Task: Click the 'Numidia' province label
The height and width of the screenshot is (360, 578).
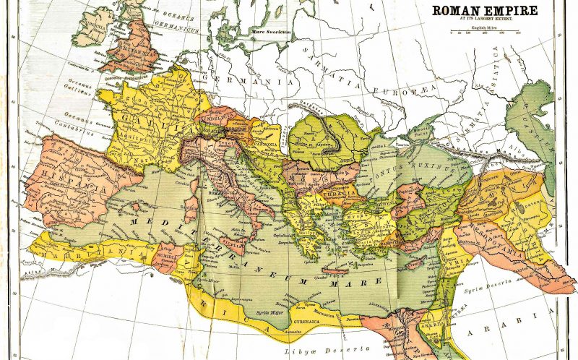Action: click(x=166, y=254)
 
